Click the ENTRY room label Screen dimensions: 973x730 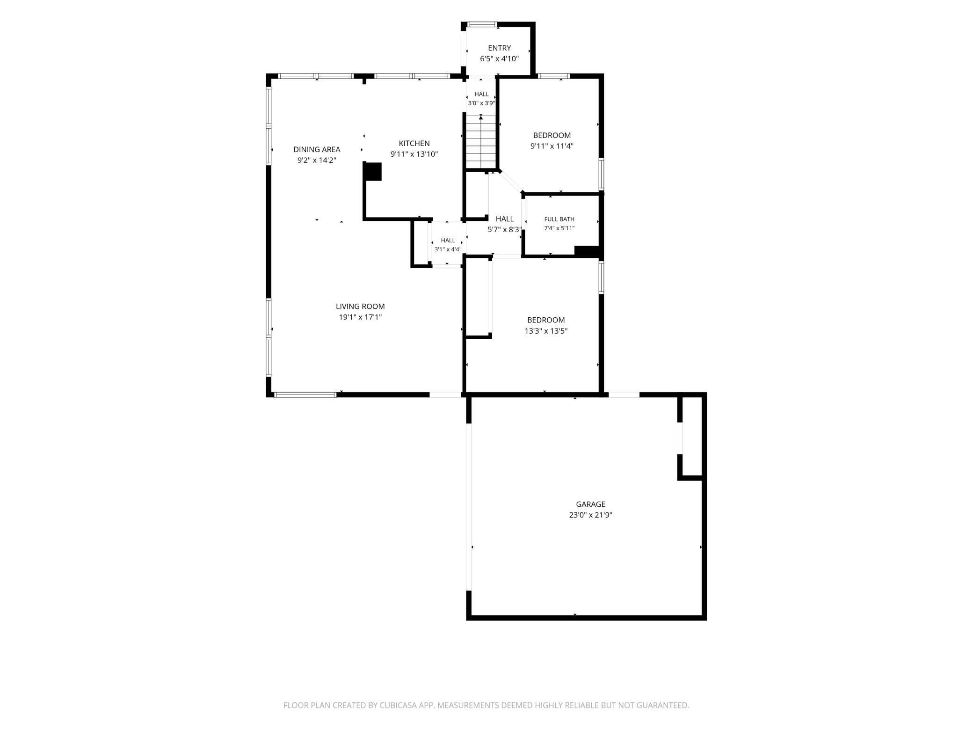tap(499, 48)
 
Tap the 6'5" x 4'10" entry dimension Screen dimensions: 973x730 tap(499, 59)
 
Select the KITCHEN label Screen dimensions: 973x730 tap(414, 143)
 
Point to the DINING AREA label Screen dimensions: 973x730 tap(317, 149)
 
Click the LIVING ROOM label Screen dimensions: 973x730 tap(360, 307)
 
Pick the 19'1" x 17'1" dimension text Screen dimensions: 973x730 tap(360, 317)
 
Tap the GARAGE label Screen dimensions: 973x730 tap(590, 504)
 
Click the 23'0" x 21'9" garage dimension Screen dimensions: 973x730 tap(590, 515)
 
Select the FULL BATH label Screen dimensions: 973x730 tap(559, 219)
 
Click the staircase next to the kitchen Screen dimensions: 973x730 tap(480, 142)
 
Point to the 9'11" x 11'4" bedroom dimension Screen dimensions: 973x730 tap(552, 146)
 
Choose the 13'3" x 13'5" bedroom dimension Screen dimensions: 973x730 tap(546, 331)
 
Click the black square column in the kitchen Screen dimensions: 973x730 tap(373, 171)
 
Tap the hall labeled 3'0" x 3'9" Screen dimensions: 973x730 tap(481, 98)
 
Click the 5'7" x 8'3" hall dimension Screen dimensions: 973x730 tap(504, 230)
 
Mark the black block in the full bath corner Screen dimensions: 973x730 tap(587, 251)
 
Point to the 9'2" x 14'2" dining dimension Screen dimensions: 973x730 tap(317, 160)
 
